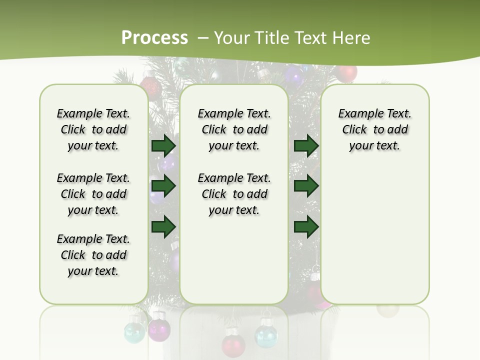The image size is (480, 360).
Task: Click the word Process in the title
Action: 154,38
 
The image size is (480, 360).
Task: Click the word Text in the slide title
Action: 311,38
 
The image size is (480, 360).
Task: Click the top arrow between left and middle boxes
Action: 163,145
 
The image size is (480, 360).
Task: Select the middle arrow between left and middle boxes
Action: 163,186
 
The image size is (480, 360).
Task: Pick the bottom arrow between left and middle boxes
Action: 163,226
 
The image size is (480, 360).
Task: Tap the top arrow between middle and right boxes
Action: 306,145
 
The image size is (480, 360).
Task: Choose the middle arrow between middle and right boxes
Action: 306,186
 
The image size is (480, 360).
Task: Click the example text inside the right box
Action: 374,129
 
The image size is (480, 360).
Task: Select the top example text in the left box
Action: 93,129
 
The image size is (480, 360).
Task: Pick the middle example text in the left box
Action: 93,194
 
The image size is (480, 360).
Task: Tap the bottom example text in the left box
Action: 93,255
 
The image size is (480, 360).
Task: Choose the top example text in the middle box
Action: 234,129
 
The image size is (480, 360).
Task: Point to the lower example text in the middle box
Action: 234,194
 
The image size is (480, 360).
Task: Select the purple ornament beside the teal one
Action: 159,328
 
